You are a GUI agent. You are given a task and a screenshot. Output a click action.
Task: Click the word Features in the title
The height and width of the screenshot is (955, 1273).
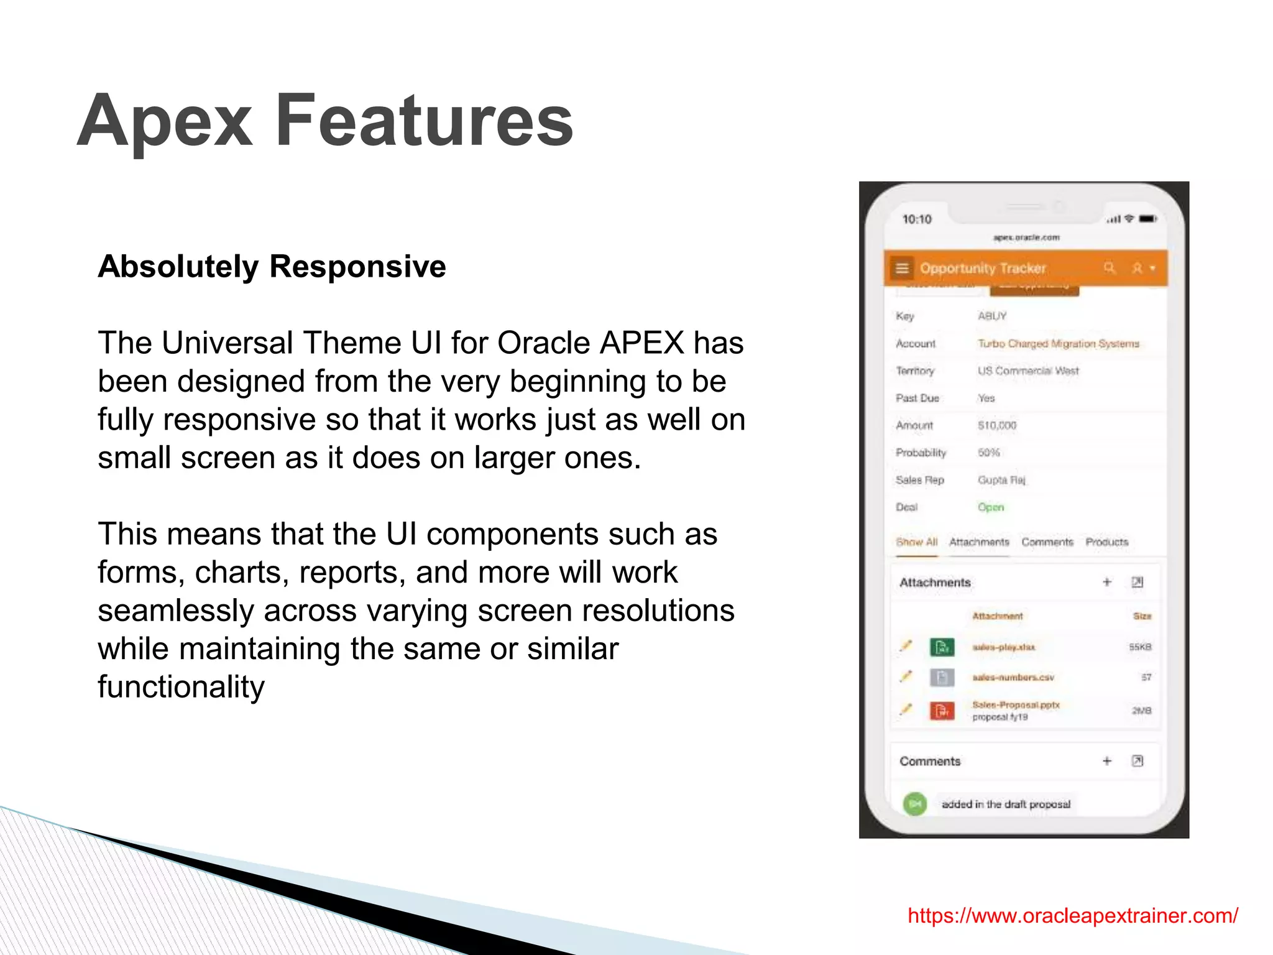[x=424, y=120]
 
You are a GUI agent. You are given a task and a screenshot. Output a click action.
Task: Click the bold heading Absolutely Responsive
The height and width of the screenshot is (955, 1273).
[x=272, y=267]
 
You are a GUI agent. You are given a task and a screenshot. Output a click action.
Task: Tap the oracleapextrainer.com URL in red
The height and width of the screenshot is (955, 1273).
[x=1072, y=915]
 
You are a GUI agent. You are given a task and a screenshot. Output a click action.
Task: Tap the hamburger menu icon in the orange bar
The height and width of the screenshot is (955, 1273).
[x=902, y=268]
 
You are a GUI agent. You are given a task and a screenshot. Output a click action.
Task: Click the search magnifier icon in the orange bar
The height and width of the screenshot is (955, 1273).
[x=1110, y=268]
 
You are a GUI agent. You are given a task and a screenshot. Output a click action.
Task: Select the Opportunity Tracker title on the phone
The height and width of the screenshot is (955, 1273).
[x=983, y=268]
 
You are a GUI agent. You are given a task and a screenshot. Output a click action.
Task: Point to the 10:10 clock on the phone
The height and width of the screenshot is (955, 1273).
[x=917, y=219]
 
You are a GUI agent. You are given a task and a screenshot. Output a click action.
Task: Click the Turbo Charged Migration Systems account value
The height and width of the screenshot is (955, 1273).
[x=1058, y=344]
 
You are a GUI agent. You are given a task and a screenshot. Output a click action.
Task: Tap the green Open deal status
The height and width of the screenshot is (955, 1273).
[x=990, y=507]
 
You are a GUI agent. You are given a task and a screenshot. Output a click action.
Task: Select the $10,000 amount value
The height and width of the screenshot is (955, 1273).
[x=996, y=425]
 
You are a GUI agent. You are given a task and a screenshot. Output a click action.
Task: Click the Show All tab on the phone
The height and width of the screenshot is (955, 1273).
[x=916, y=542]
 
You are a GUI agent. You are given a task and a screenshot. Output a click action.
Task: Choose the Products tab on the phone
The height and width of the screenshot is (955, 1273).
[x=1106, y=542]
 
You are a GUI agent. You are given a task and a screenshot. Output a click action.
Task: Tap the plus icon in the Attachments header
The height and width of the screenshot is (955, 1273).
[x=1107, y=582]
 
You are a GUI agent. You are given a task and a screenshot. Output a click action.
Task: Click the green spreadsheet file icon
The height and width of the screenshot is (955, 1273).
[x=942, y=647]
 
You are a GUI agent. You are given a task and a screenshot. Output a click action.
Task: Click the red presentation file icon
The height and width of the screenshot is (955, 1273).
[x=942, y=710]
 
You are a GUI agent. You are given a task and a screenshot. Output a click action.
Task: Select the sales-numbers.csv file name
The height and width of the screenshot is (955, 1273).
[x=1013, y=677]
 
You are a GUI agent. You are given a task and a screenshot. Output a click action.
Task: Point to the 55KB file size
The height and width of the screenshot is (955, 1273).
[x=1140, y=647]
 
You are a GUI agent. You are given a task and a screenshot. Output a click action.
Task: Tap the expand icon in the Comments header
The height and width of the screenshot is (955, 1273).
[x=1137, y=761]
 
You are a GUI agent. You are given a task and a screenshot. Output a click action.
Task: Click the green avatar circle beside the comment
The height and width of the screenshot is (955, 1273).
[x=915, y=804]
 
